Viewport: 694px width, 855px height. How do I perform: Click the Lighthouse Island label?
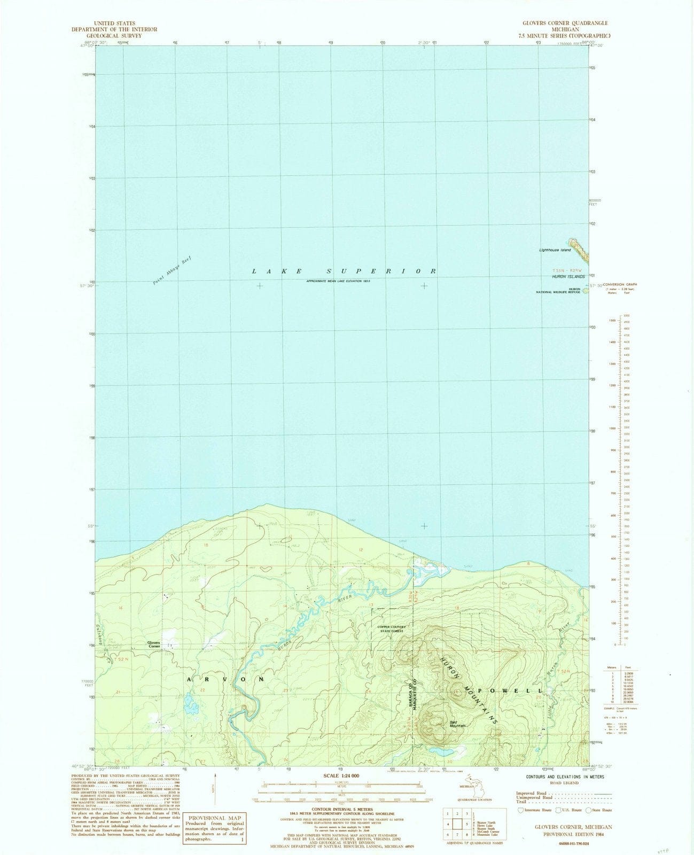pyautogui.click(x=555, y=250)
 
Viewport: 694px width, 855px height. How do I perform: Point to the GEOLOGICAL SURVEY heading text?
pyautogui.click(x=114, y=35)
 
